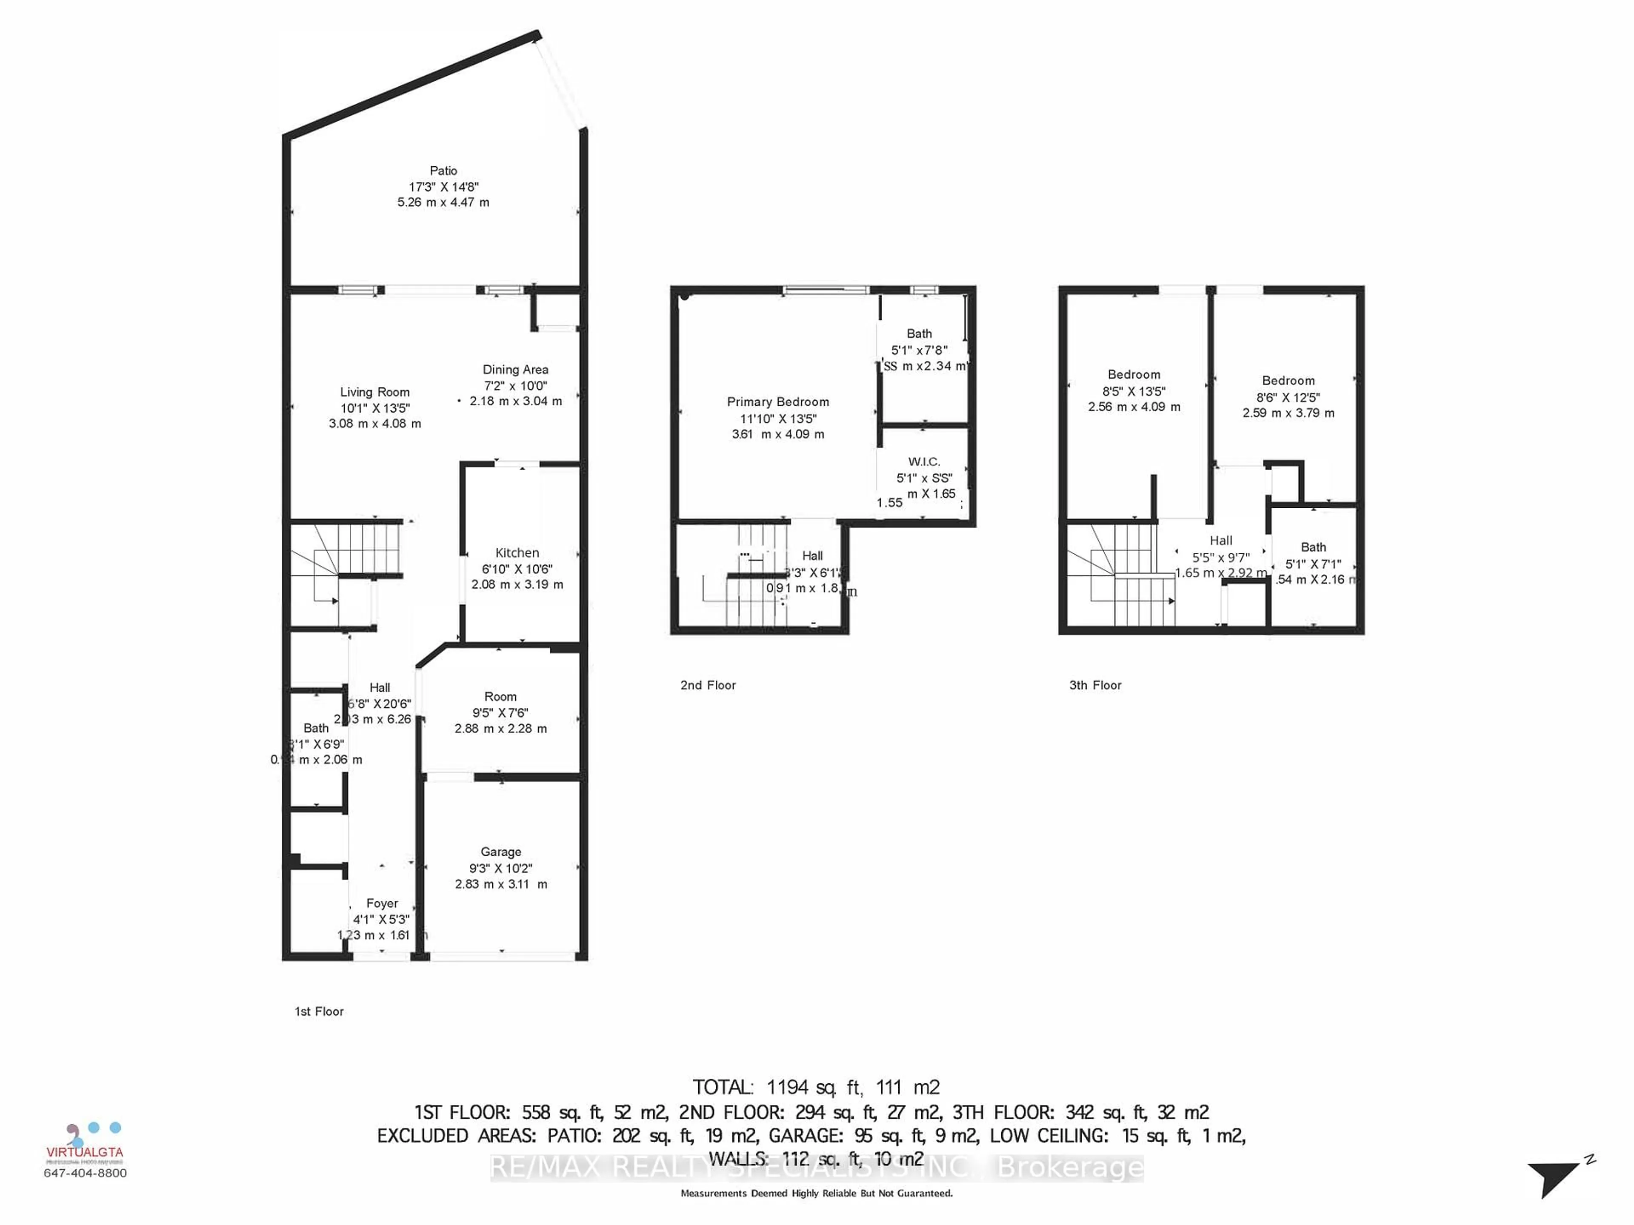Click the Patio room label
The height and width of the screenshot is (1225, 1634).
[443, 171]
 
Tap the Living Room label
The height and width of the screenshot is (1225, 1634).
[374, 392]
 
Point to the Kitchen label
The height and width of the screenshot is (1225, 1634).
[517, 553]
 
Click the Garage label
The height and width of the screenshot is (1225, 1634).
[500, 852]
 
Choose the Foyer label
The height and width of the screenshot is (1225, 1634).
[382, 903]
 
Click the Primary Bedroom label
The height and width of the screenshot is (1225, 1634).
[778, 402]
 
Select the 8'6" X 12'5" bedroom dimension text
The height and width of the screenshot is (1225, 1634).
[1288, 396]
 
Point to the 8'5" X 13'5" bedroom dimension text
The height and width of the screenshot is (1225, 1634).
[1134, 390]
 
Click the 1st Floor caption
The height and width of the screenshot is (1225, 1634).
[319, 1011]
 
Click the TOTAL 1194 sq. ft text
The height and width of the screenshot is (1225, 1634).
[816, 1087]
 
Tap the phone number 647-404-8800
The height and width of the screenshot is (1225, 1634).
[85, 1173]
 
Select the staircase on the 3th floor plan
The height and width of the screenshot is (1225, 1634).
[1119, 572]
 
